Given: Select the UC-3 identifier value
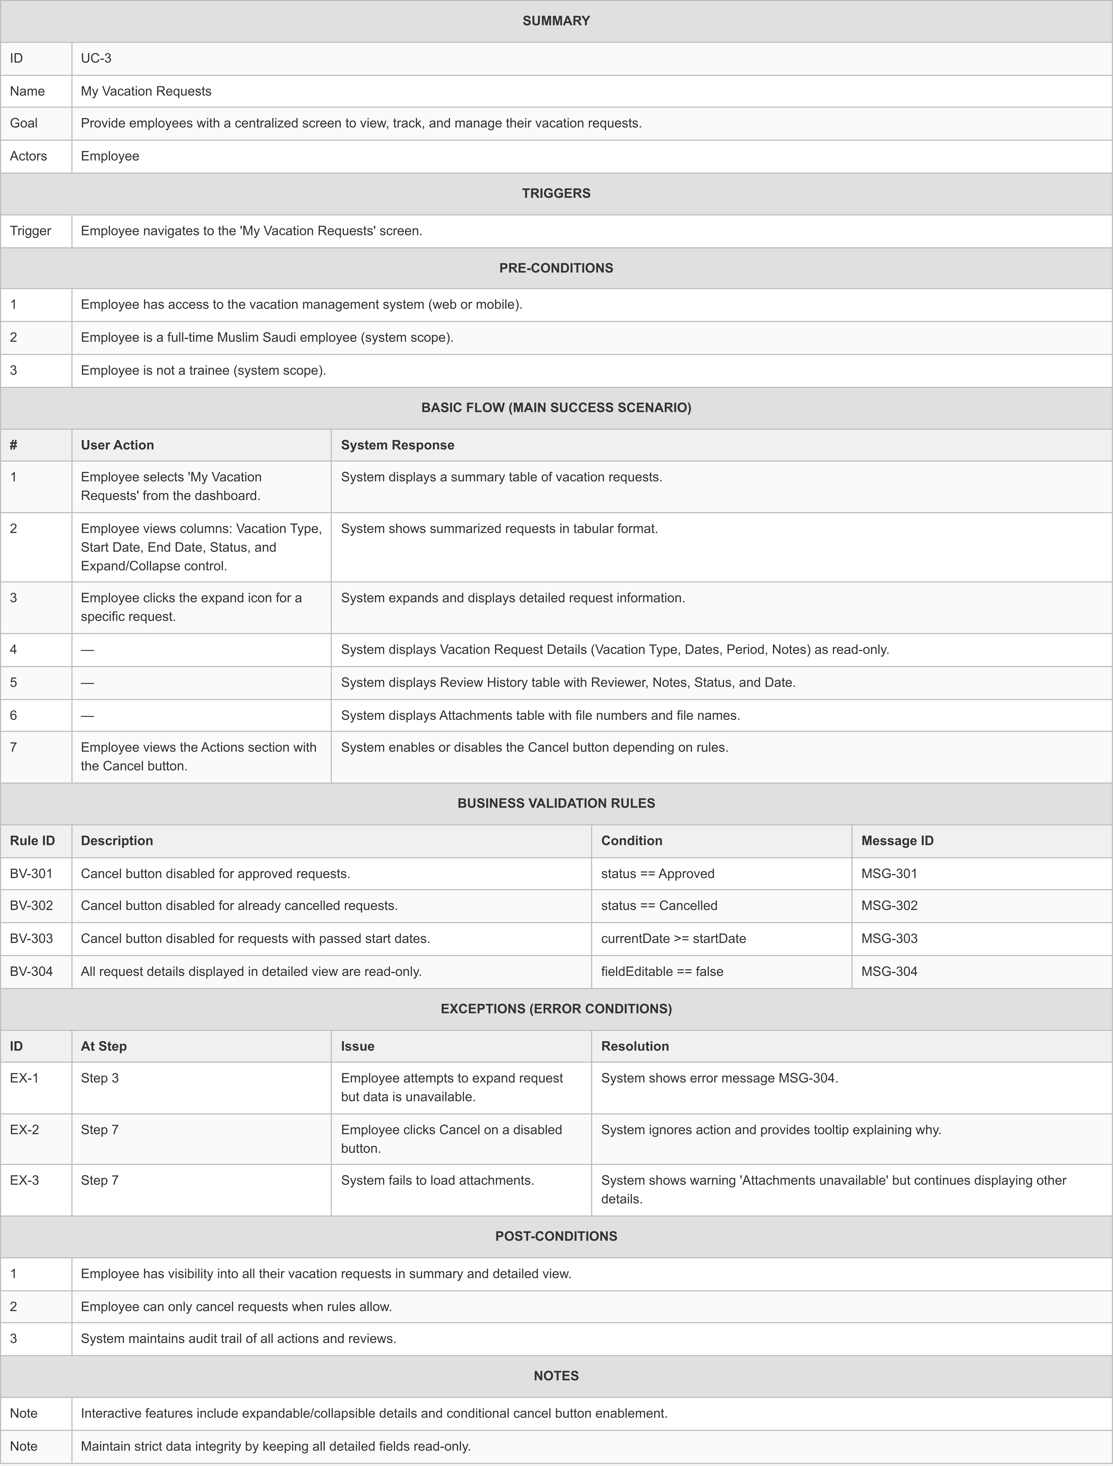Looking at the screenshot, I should [x=96, y=58].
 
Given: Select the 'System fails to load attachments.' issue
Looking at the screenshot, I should [x=437, y=1180].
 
